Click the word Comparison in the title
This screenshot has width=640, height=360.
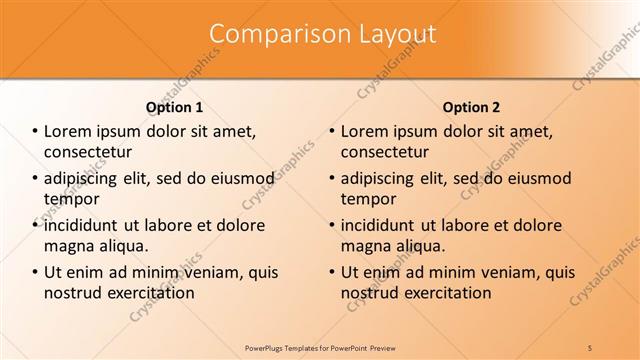click(x=264, y=34)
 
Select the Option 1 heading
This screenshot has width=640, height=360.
click(x=174, y=107)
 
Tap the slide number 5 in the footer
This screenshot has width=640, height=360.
click(x=590, y=347)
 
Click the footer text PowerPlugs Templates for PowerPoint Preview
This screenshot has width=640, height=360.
click(x=320, y=347)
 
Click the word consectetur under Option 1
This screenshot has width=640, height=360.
click(x=88, y=153)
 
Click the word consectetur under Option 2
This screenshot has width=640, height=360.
click(x=385, y=153)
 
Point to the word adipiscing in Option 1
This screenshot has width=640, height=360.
click(x=84, y=179)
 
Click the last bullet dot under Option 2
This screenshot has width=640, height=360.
click(x=332, y=272)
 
